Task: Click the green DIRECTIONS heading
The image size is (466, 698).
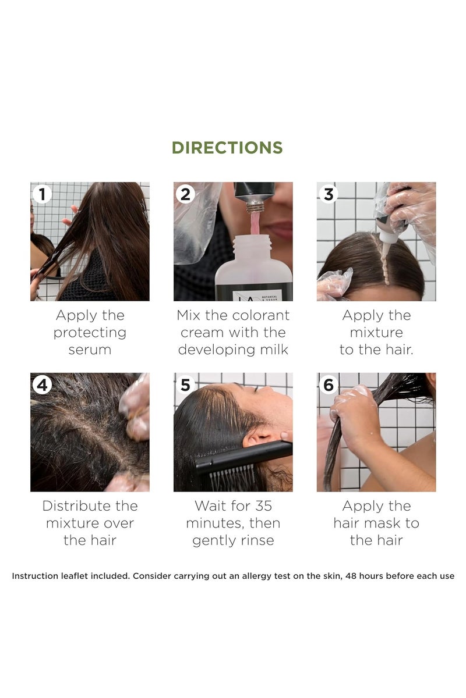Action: coord(227,148)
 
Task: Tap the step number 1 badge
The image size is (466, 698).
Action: coord(42,194)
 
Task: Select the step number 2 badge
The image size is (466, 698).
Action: coord(185,194)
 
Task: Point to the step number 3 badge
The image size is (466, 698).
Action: coord(329,194)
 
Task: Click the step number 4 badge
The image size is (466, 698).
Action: coord(42,385)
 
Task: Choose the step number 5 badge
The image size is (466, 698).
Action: coord(185,385)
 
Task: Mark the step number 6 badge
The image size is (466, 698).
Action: coord(329,385)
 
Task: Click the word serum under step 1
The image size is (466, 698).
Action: coord(90,350)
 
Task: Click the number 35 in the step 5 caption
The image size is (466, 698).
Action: coord(263,506)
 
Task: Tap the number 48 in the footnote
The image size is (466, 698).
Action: coord(351,576)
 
